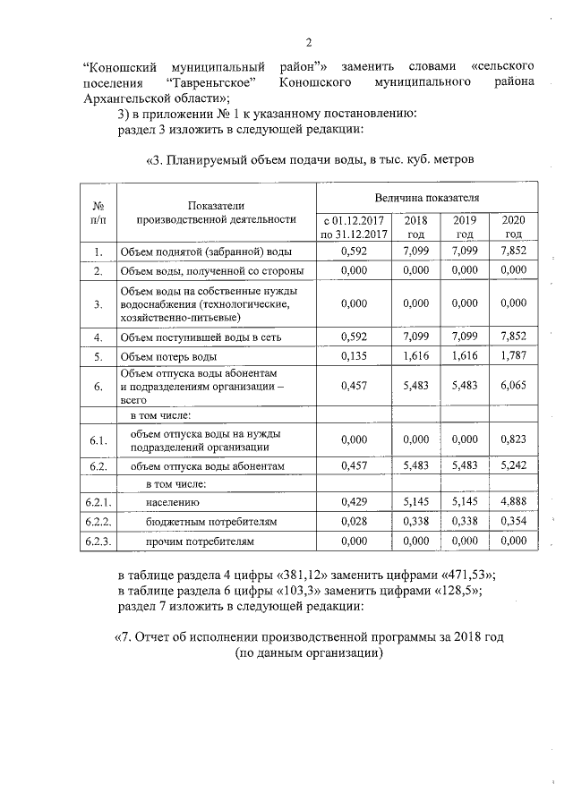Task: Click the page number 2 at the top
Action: point(307,41)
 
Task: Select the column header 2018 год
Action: point(416,226)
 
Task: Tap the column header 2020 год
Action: point(513,226)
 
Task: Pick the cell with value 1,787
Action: point(513,357)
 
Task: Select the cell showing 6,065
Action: point(513,387)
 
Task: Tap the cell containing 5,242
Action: point(513,465)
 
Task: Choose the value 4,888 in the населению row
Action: point(513,503)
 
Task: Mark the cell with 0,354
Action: point(513,522)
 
